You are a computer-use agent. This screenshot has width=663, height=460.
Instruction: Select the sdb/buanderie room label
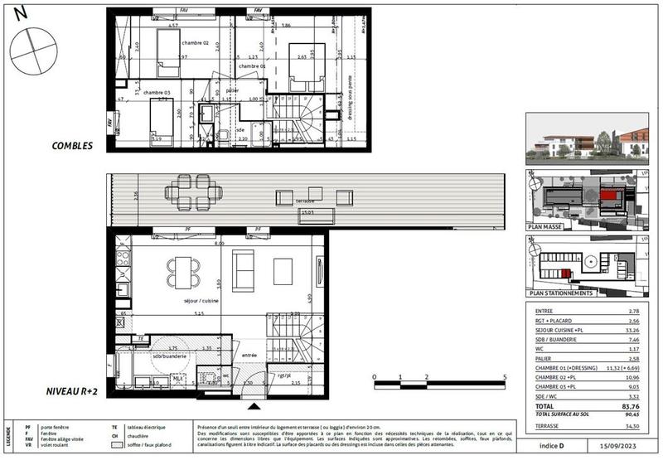pos(171,355)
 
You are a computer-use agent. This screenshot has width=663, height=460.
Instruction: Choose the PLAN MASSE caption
pos(549,225)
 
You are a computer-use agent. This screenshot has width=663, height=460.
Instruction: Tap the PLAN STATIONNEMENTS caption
pos(560,293)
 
